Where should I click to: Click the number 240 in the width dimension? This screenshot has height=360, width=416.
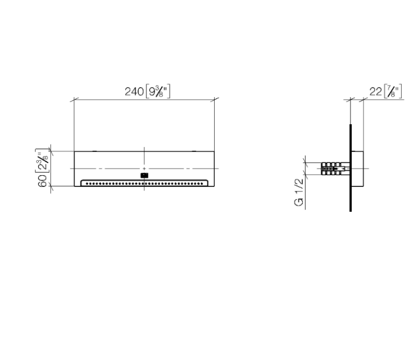(x=134, y=92)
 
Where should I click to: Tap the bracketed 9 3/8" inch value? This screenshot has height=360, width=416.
(x=158, y=92)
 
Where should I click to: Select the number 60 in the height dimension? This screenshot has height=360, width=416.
(x=43, y=181)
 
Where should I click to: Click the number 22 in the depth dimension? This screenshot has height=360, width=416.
(x=376, y=92)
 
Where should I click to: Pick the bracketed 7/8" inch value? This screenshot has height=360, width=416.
(x=393, y=92)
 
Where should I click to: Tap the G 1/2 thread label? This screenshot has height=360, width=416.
(x=299, y=192)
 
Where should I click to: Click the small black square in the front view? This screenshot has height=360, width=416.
(x=144, y=175)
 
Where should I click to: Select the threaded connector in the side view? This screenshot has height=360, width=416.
(x=336, y=169)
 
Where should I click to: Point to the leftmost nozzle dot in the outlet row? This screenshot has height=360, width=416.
(x=87, y=184)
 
